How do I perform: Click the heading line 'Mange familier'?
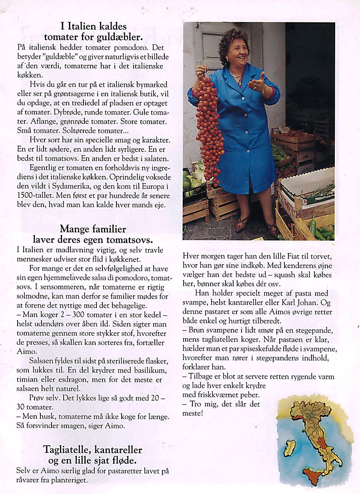[x=93, y=229]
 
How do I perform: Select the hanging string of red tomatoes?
[x=209, y=128]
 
